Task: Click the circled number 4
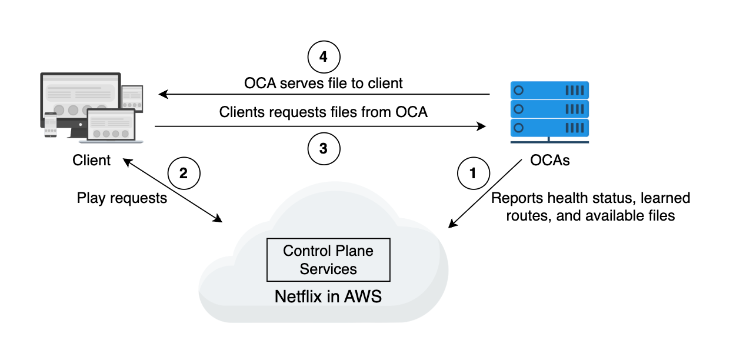(324, 57)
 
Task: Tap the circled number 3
(324, 149)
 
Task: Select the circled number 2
(184, 173)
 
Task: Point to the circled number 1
(473, 173)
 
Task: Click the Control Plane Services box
(328, 259)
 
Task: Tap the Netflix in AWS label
(328, 296)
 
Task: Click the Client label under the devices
(91, 161)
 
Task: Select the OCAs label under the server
(549, 161)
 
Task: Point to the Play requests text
(122, 198)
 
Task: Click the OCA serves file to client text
(324, 83)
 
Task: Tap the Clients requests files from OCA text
(324, 112)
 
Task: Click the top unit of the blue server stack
(549, 91)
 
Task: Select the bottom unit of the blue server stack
(549, 128)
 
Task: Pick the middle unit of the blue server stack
(549, 109)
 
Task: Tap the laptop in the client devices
(111, 126)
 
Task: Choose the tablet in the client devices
(132, 98)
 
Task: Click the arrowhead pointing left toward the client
(163, 94)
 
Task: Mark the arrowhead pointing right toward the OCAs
(481, 126)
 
